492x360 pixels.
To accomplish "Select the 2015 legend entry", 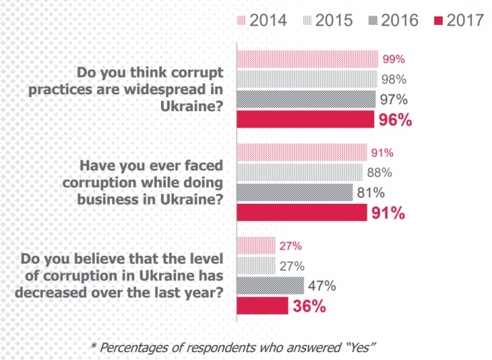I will (x=328, y=21).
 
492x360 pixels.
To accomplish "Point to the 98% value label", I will (x=394, y=78).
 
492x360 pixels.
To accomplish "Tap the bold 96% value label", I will (x=396, y=120).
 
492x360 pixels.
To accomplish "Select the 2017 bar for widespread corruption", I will (x=305, y=119).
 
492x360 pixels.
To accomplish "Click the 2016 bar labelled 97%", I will (x=306, y=98).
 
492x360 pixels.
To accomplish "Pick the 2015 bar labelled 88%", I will (x=299, y=172).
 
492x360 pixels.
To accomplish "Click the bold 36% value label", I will (x=307, y=307).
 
